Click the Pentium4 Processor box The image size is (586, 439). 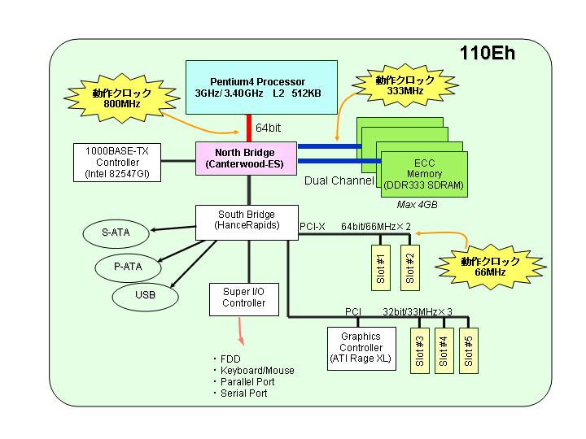(261, 87)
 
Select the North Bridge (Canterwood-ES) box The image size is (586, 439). (247, 159)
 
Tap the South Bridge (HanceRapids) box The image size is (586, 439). (247, 223)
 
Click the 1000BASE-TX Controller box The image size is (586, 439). (117, 163)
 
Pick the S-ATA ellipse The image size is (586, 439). (116, 233)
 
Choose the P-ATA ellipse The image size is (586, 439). (129, 267)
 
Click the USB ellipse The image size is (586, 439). (145, 296)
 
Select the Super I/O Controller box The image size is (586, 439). (244, 299)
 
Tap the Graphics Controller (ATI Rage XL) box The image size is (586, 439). (361, 349)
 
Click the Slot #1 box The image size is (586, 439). (381, 267)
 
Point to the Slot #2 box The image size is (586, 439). (410, 267)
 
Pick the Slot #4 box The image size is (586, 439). (444, 350)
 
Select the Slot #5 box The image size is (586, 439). (469, 350)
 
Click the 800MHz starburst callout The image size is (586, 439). (122, 98)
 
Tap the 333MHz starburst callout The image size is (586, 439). (405, 85)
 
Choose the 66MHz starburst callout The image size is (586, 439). (490, 267)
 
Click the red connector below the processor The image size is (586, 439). (249, 128)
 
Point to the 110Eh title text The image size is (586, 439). (488, 53)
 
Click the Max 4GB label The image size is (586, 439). (417, 205)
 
